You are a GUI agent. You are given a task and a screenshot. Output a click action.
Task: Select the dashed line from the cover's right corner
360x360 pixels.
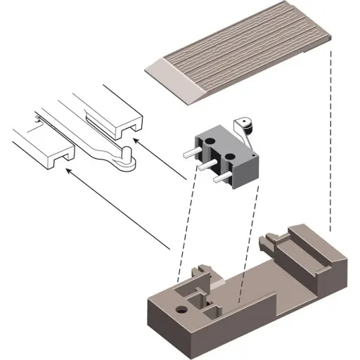pos(330,141)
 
